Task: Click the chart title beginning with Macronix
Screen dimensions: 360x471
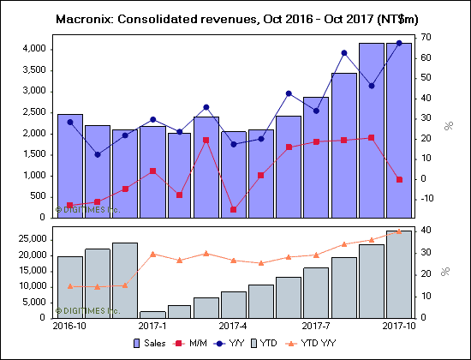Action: [x=235, y=17]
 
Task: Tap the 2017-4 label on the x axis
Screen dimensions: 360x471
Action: [x=234, y=327]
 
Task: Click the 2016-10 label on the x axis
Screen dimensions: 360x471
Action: [x=69, y=327]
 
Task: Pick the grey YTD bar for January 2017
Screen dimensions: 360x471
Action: [x=152, y=315]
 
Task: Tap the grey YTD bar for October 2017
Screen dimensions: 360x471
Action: [x=398, y=274]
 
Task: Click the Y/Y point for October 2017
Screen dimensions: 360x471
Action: [x=398, y=43]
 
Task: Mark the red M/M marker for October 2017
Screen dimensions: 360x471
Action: [x=398, y=179]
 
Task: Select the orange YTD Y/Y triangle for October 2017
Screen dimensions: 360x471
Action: [x=398, y=231]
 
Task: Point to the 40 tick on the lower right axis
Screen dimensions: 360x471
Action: [x=424, y=230]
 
